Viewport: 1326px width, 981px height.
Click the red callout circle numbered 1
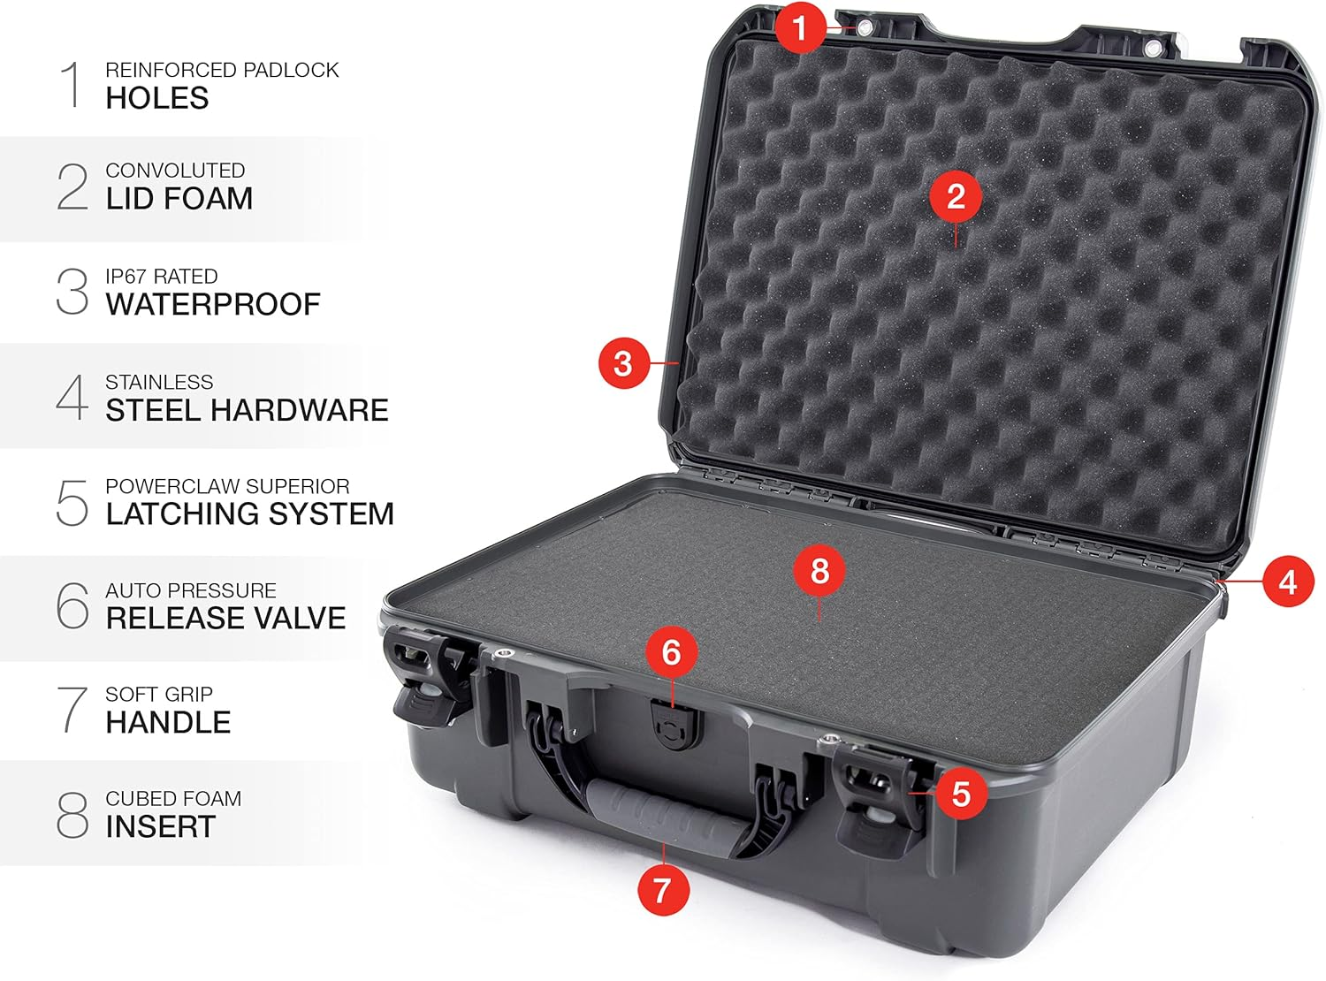(800, 27)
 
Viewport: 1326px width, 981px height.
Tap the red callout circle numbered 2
(956, 196)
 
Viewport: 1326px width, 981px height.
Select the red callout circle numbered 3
(623, 363)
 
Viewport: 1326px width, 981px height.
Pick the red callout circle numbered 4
(1287, 582)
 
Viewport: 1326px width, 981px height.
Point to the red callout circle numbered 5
(961, 794)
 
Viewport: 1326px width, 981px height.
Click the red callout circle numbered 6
(671, 652)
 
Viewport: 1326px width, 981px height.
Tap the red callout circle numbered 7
(663, 889)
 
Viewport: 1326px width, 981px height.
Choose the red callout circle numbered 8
(819, 570)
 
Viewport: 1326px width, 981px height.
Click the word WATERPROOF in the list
(213, 305)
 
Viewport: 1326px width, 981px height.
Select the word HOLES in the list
(157, 98)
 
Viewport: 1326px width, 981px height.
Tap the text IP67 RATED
(161, 277)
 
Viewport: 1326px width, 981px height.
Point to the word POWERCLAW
(164, 486)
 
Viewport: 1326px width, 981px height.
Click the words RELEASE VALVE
(225, 618)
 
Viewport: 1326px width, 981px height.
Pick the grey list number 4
(72, 398)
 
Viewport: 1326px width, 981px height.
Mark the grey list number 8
(72, 815)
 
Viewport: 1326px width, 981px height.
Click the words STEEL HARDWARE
(247, 410)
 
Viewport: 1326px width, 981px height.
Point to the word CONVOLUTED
(175, 171)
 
